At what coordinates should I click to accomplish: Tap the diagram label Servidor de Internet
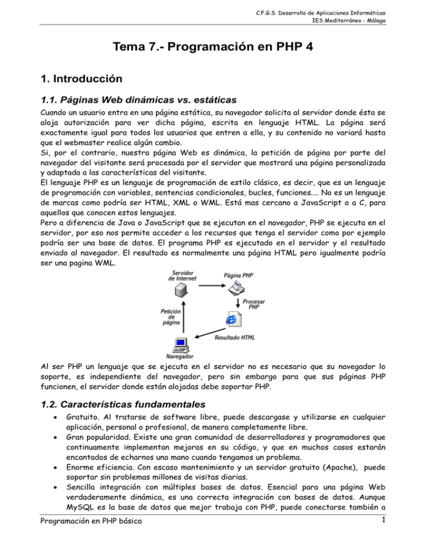click(x=180, y=276)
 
